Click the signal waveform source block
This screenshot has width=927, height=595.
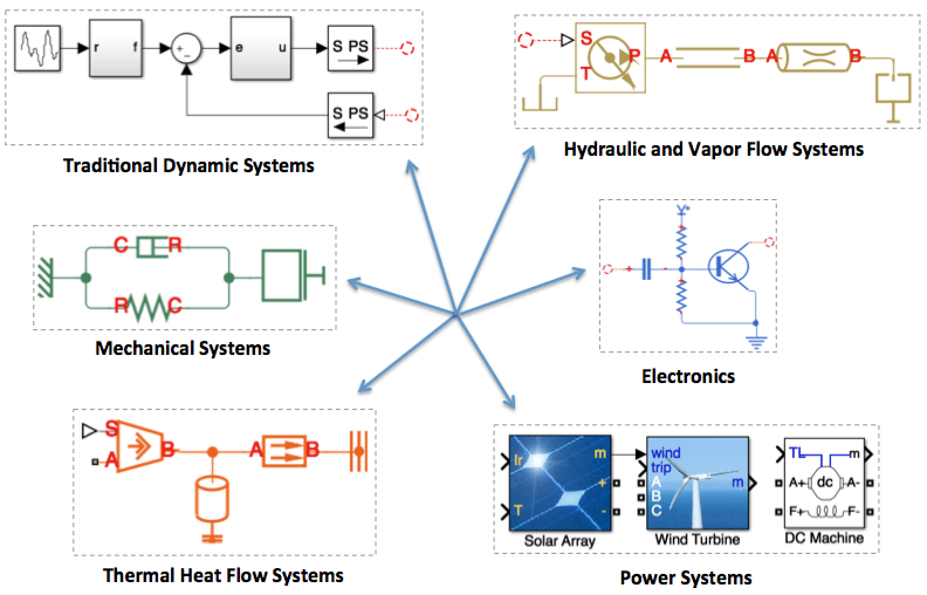click(37, 48)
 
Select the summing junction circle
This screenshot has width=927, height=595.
click(186, 48)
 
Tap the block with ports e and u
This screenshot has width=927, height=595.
click(261, 48)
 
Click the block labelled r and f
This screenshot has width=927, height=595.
click(116, 48)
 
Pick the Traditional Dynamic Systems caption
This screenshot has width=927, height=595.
click(188, 166)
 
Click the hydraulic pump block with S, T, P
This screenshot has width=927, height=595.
click(610, 58)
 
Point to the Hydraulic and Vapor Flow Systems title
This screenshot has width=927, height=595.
click(714, 149)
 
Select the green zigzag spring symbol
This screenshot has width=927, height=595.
click(147, 307)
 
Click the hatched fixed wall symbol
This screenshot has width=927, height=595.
click(46, 278)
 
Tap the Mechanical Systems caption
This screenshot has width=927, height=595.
click(183, 348)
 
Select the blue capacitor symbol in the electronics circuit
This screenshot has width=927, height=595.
click(647, 269)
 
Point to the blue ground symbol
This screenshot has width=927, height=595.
click(756, 343)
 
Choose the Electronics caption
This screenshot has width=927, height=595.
click(688, 377)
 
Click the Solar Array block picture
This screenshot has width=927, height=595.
click(560, 483)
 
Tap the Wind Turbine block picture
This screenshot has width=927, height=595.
click(698, 483)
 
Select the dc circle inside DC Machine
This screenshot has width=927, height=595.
click(825, 483)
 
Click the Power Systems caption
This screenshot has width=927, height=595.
click(686, 578)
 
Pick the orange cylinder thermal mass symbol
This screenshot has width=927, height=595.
click(212, 498)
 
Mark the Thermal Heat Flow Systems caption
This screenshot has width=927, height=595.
click(223, 576)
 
